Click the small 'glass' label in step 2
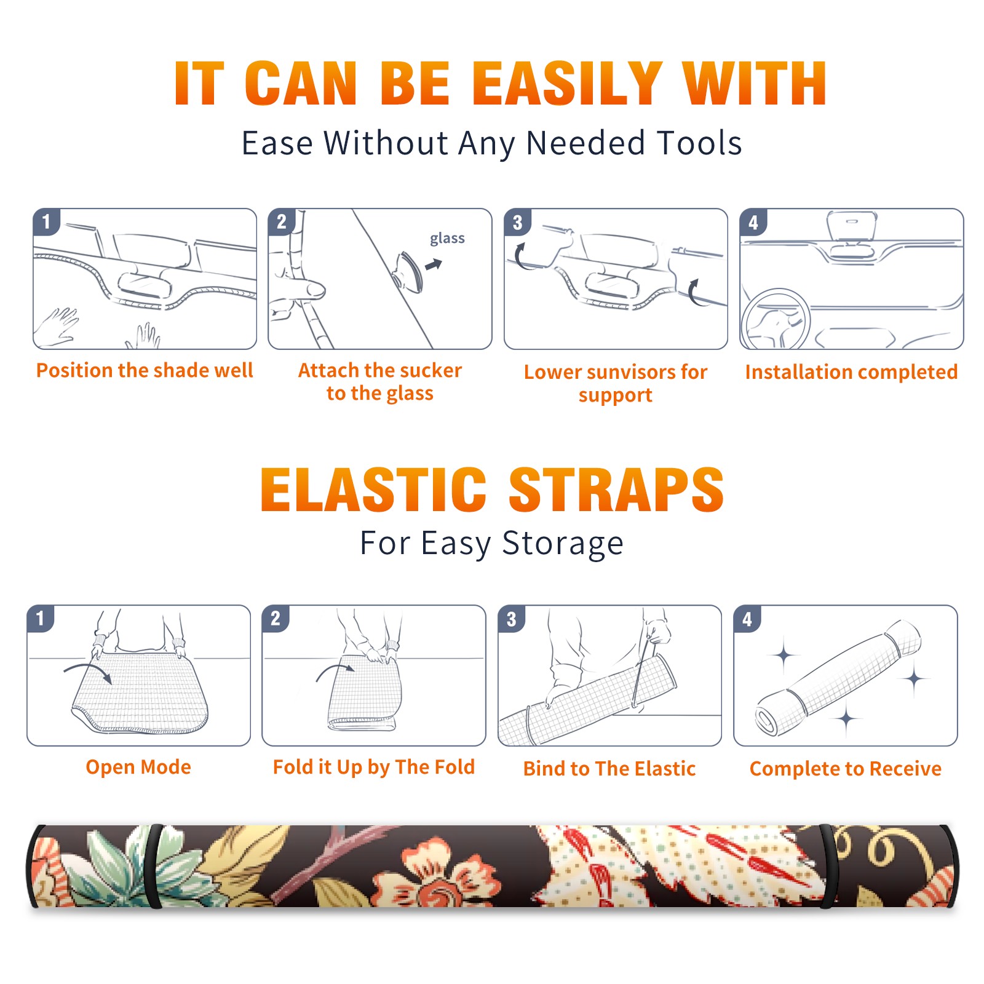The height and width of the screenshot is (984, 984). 447,238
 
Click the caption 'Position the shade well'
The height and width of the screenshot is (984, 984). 145,370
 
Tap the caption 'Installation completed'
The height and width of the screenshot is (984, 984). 851,372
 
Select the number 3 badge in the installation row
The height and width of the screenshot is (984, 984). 518,223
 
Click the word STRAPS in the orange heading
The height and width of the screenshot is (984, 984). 616,490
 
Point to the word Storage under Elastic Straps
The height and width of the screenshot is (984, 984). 563,544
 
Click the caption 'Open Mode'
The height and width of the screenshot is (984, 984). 138,767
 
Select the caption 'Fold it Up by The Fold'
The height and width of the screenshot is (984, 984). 374,767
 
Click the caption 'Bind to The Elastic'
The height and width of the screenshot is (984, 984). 609,769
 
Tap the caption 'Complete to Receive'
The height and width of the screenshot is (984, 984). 846,769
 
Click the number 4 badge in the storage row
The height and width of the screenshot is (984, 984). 747,619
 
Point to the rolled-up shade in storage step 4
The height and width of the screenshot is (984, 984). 838,678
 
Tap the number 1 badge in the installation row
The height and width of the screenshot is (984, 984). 47,221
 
